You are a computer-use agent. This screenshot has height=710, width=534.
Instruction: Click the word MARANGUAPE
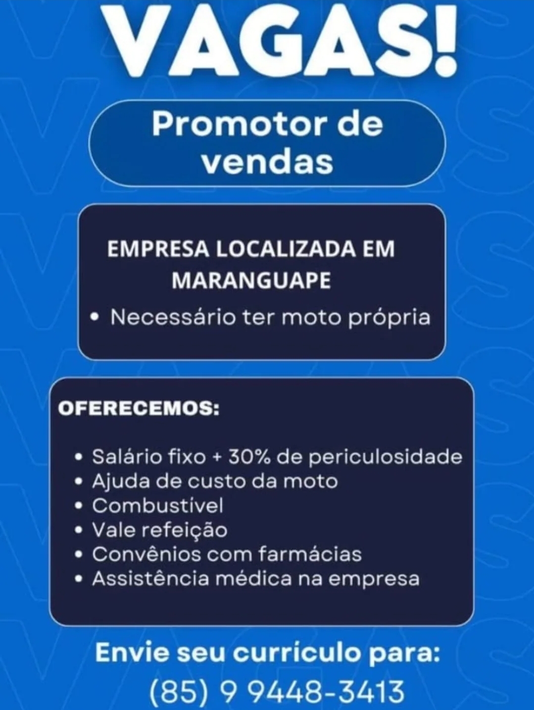pos(251,281)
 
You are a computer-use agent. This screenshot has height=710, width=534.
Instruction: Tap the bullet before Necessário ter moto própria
pos(95,317)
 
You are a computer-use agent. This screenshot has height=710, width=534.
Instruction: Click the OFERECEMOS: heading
pos(139,409)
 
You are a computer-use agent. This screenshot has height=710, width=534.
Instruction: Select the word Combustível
pos(158,506)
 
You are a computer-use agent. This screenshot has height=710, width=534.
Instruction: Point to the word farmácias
pos(309,554)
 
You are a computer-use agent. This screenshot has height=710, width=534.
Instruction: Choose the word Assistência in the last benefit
pos(151,579)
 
